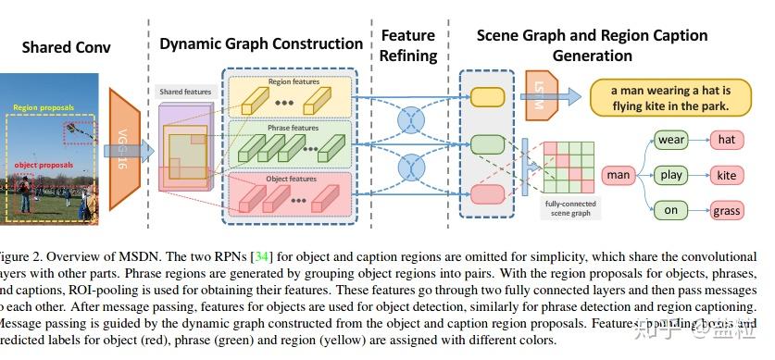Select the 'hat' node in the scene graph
click(x=727, y=140)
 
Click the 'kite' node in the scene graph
click(x=727, y=175)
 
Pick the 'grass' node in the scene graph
click(x=727, y=210)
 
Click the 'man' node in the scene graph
click(x=618, y=174)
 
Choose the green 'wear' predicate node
click(x=670, y=140)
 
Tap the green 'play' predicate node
click(x=670, y=175)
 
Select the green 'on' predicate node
click(x=670, y=210)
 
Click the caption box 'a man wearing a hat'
click(x=670, y=97)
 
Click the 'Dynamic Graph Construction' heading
click(x=261, y=43)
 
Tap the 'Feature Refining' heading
click(x=408, y=45)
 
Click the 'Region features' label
click(x=292, y=81)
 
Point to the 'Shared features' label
click(x=186, y=93)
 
